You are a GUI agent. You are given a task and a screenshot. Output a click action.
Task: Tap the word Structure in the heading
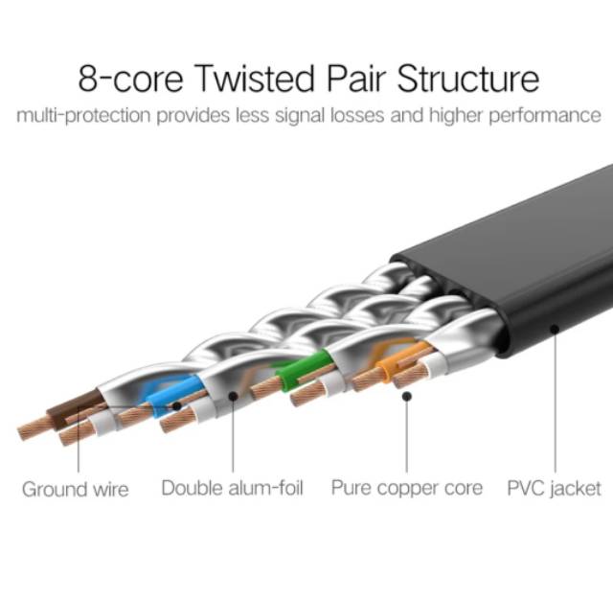468,79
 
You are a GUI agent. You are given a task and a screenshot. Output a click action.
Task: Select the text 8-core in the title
131,79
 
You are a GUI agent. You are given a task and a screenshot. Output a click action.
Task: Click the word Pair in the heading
356,79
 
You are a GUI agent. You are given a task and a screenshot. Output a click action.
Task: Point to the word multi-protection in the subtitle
83,116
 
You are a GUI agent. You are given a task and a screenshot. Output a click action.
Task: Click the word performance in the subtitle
545,116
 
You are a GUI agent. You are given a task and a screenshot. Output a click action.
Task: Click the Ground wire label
76,490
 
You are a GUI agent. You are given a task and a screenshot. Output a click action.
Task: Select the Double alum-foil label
232,489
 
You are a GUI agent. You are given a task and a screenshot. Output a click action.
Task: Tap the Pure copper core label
407,489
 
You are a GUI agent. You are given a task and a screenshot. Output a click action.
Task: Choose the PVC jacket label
554,489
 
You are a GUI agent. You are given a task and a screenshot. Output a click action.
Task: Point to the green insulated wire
303,370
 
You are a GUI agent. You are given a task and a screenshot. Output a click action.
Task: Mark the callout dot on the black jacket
555,329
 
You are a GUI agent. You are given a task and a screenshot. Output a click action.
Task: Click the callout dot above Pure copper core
407,397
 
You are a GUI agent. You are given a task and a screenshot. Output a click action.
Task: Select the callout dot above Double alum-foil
233,397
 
